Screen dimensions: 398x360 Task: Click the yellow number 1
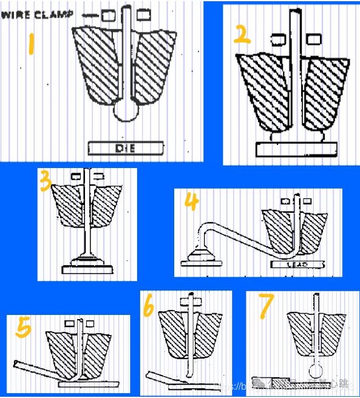click(30, 45)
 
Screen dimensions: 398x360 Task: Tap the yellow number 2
click(242, 35)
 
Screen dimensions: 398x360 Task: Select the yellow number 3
click(45, 181)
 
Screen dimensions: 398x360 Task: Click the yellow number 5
click(23, 328)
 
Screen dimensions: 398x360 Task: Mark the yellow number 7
click(265, 307)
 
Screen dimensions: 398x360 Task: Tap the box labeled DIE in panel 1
click(126, 147)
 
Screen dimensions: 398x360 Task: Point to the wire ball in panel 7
click(316, 371)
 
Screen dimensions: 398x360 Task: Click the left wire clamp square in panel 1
click(110, 14)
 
